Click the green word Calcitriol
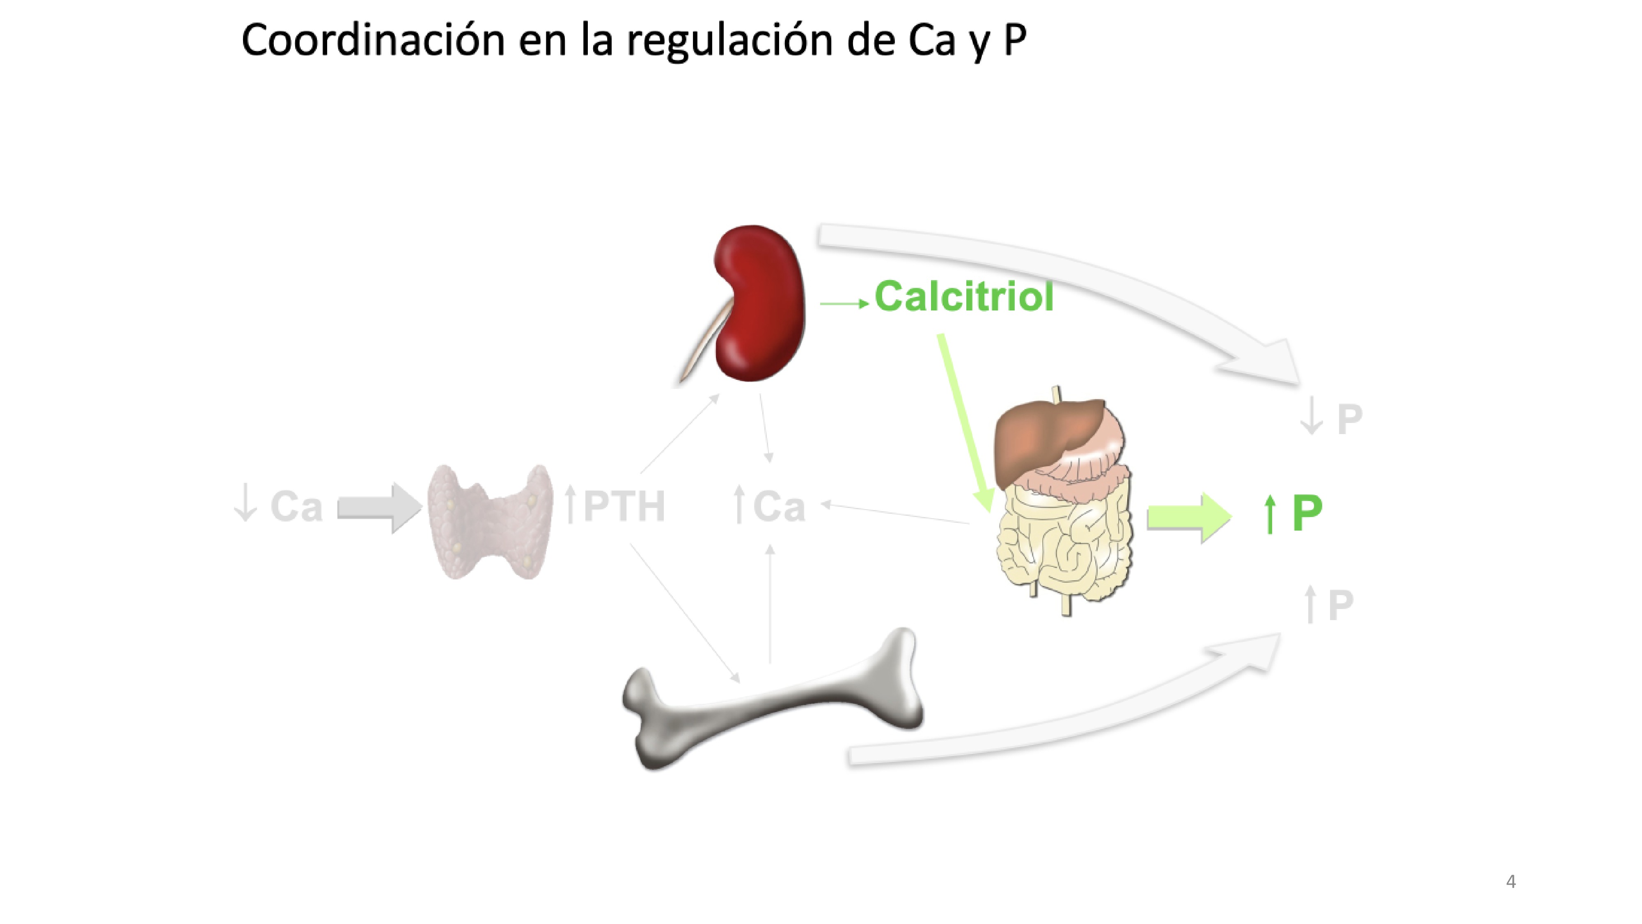click(964, 297)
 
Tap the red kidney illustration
click(759, 303)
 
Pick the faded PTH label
click(624, 506)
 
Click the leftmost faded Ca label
click(296, 506)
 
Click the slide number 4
click(1510, 881)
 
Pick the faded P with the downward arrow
click(1349, 419)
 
